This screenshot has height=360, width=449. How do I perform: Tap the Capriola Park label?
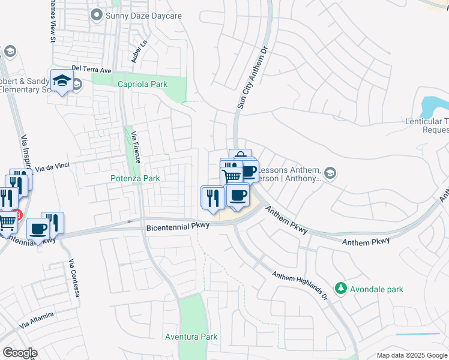(x=142, y=85)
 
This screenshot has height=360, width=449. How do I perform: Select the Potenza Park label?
(x=135, y=178)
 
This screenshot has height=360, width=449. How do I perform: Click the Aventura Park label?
(x=191, y=337)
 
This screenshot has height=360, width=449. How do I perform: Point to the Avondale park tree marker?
(x=341, y=289)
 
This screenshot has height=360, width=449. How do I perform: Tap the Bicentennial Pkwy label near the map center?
(x=178, y=226)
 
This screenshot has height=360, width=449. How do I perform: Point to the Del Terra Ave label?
(x=92, y=70)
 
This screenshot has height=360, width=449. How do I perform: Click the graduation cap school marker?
(x=62, y=81)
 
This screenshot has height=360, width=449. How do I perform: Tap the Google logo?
(x=20, y=352)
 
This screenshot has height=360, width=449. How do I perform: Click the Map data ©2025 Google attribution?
(x=411, y=355)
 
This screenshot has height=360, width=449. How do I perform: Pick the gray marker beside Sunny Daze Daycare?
(x=95, y=14)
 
